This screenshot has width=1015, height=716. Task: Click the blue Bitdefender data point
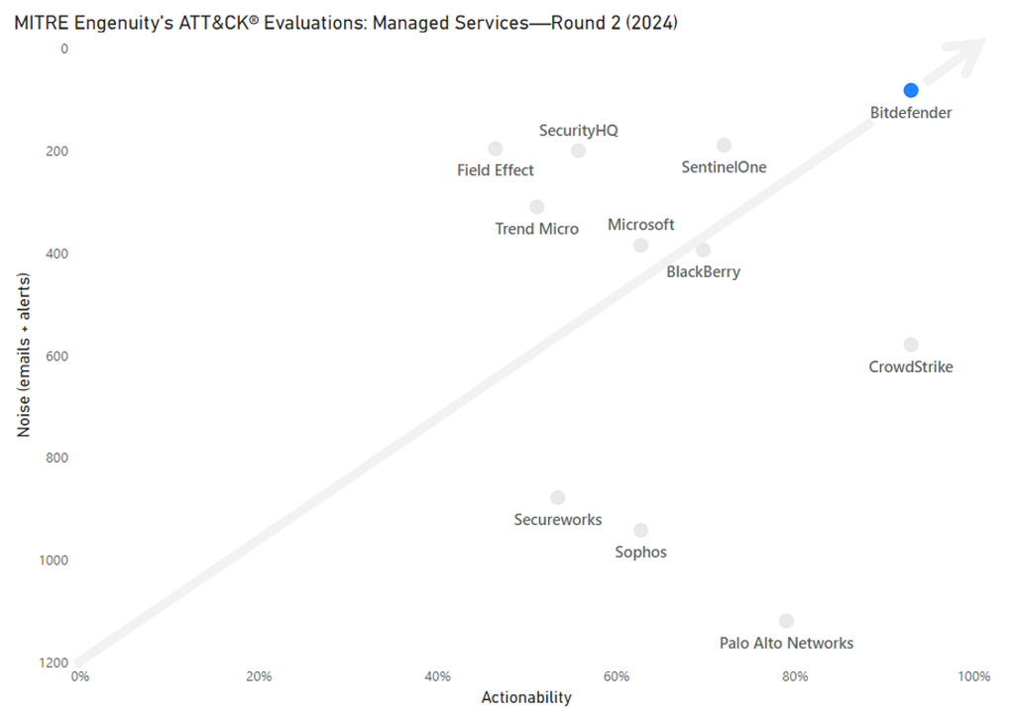point(911,91)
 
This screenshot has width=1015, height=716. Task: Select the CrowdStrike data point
point(911,345)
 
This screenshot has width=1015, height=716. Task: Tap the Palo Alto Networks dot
point(786,621)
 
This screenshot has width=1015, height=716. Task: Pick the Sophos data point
point(641,531)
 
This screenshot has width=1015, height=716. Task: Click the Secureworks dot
point(558,497)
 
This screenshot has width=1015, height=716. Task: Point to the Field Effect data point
point(496,149)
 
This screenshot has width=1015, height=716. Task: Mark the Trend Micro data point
point(537,207)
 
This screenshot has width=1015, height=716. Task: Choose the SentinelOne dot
point(724,146)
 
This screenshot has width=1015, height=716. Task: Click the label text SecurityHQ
point(578,130)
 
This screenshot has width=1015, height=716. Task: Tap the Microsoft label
point(640,225)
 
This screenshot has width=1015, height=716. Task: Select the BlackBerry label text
point(703,271)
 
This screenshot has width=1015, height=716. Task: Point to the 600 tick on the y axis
point(56,356)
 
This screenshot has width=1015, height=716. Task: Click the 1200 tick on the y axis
point(53,663)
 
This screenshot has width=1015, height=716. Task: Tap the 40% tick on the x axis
point(437,676)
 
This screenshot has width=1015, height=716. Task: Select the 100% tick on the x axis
point(973,676)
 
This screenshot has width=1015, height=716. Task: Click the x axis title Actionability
point(526,697)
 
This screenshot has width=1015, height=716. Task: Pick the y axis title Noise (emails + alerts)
point(23,356)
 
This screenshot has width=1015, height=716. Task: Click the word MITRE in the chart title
point(38,23)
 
